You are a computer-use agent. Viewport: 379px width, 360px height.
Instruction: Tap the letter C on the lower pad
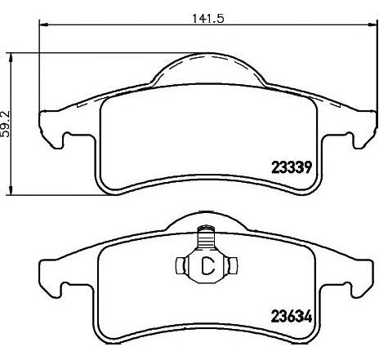coord(206,264)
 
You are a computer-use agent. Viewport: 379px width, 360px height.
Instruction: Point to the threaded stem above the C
coord(207,237)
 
